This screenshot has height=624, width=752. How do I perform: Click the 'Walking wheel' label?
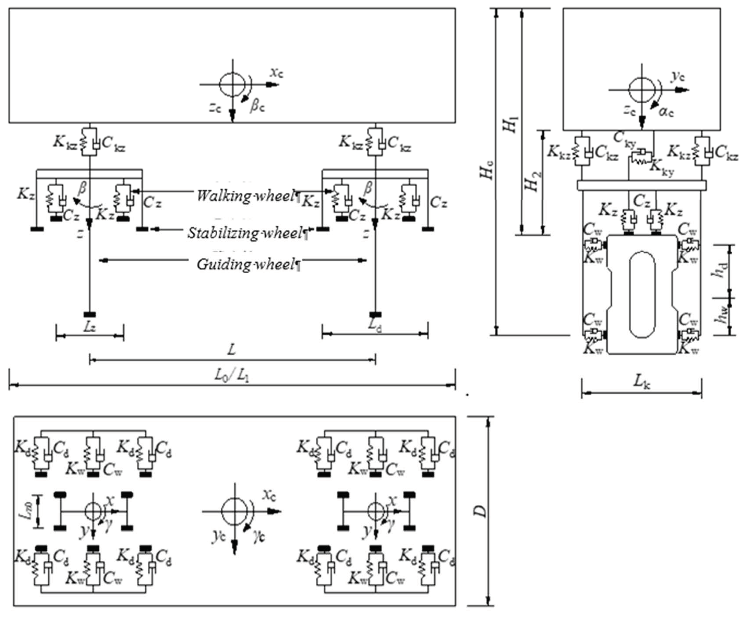[245, 196]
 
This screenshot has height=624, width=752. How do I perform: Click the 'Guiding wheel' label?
[246, 264]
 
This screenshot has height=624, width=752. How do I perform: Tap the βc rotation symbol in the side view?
[257, 106]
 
